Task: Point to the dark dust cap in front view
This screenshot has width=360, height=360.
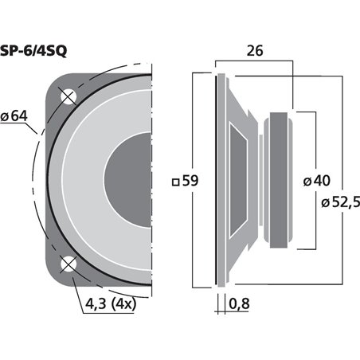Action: pos(131,181)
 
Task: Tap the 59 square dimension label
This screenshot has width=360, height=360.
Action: pos(185,181)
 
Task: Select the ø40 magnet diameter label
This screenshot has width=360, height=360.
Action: pos(316,181)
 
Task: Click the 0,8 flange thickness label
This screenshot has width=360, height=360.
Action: pos(238,303)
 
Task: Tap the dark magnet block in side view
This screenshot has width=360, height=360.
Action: pos(281,181)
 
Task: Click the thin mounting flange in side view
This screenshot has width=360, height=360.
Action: pos(217,181)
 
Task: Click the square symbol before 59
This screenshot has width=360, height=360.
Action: pos(175,182)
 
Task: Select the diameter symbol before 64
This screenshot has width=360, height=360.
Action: pos(6,118)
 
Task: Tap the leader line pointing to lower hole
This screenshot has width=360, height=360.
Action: pos(80,283)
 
